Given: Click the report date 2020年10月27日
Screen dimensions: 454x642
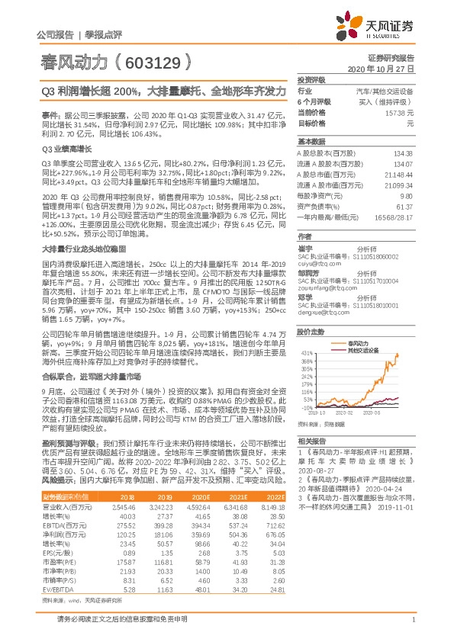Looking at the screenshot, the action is [385, 68].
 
